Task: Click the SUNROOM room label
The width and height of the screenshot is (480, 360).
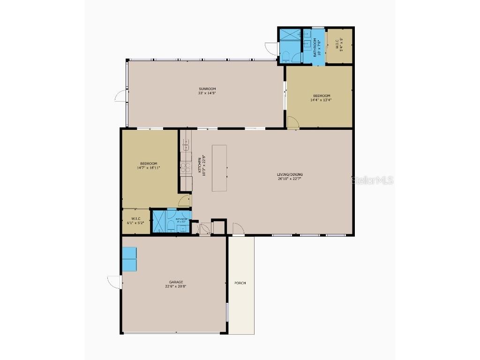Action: click(x=207, y=89)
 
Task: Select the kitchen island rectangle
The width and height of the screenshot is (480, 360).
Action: click(x=219, y=168)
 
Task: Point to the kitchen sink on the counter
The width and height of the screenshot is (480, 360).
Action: click(x=186, y=143)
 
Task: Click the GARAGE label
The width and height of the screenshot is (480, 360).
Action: click(x=173, y=282)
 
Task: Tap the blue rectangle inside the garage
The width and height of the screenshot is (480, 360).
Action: click(x=129, y=259)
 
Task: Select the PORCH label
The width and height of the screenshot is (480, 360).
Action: click(x=240, y=283)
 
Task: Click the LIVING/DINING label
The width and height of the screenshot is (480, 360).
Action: click(x=289, y=174)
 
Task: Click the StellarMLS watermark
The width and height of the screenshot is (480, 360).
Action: click(x=372, y=180)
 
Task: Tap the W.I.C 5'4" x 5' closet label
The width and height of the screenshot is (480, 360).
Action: click(x=339, y=44)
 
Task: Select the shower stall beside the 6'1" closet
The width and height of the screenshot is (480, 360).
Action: click(x=159, y=221)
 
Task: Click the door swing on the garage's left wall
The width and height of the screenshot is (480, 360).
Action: click(x=113, y=282)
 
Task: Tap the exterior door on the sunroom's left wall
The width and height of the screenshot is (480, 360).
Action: click(x=120, y=95)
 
